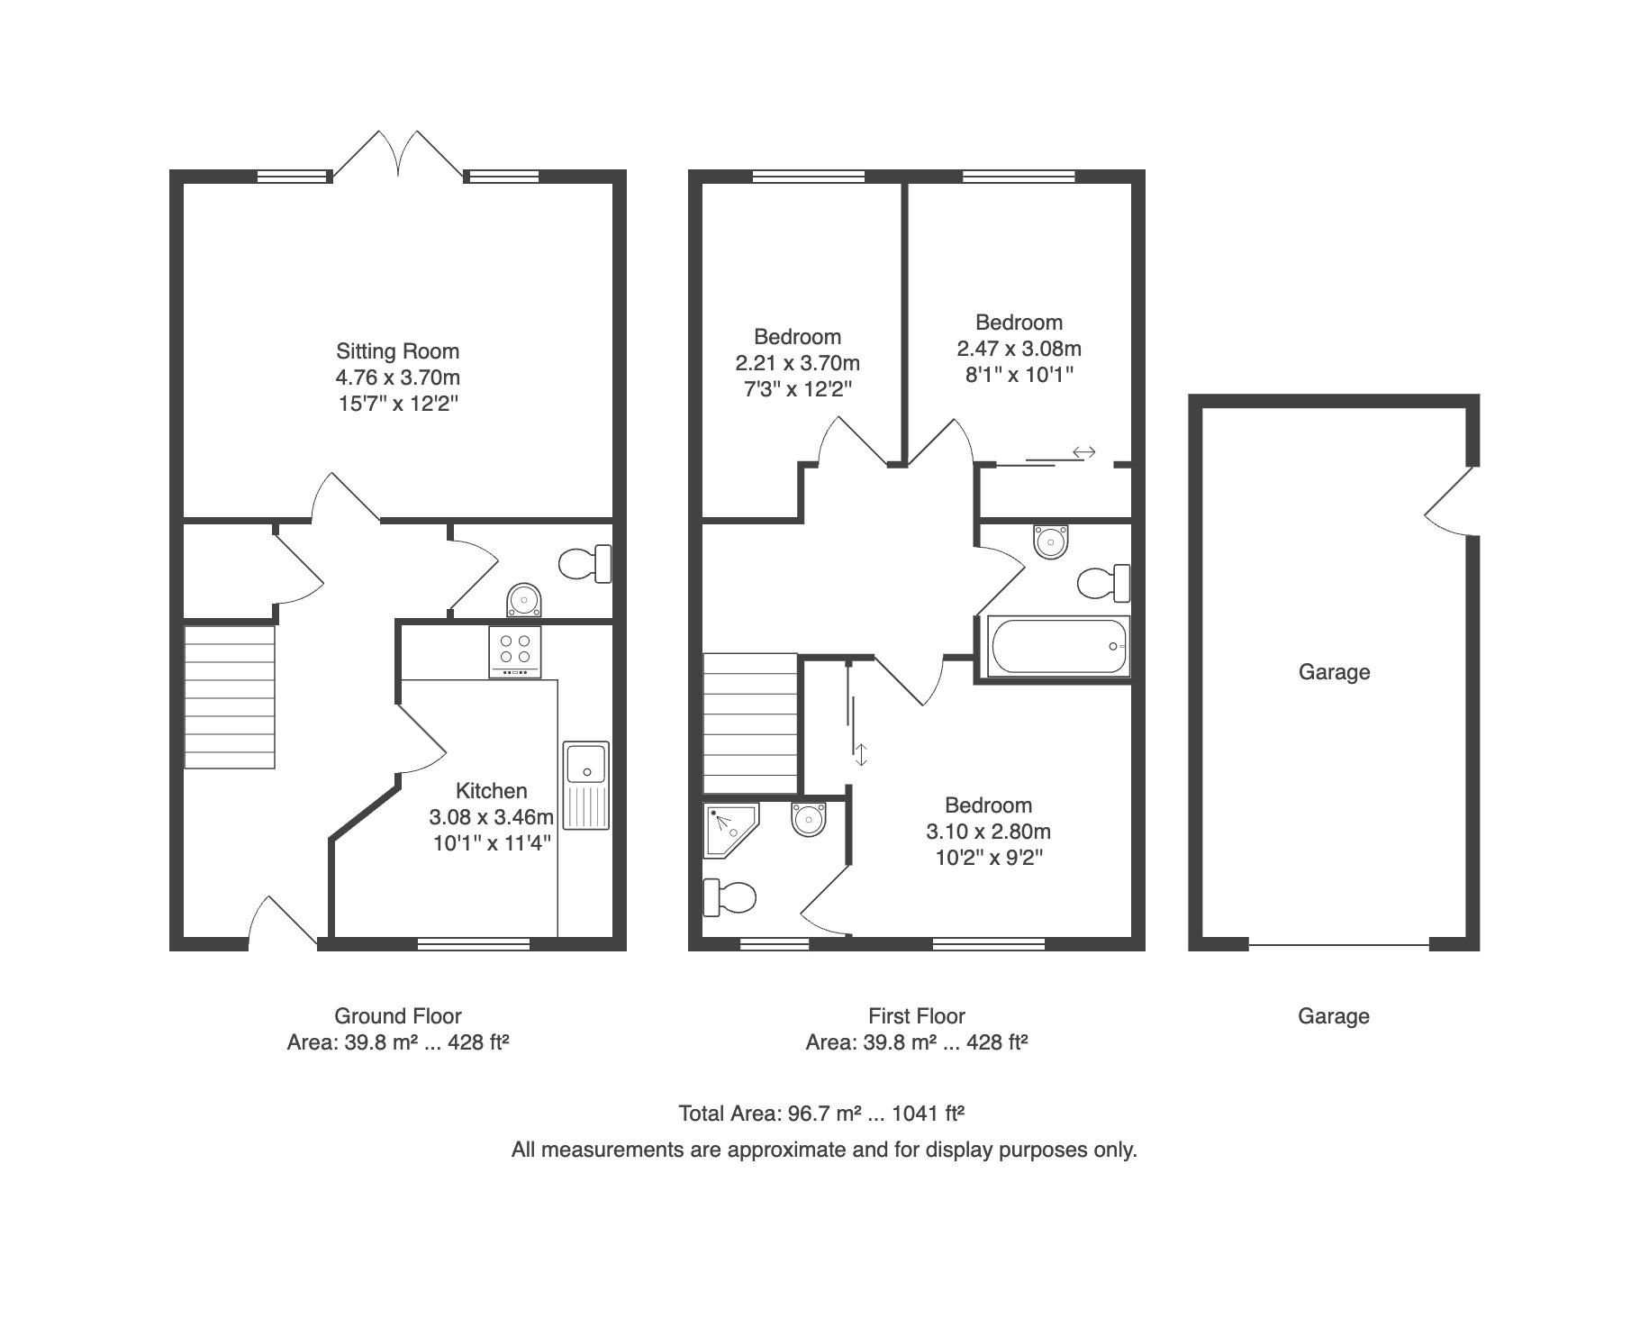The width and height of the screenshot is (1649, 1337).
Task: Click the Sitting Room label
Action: (397, 351)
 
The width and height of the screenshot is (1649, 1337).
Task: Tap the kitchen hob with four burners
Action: (515, 651)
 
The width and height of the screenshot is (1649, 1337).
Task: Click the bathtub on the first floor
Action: (1058, 646)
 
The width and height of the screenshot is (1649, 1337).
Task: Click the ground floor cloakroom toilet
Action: (585, 565)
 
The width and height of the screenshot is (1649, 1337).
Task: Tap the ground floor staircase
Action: (229, 697)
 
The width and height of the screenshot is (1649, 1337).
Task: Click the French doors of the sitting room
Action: (397, 153)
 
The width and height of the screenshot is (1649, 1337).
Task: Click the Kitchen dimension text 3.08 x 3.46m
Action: (491, 817)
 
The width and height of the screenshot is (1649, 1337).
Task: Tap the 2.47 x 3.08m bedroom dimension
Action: (1019, 349)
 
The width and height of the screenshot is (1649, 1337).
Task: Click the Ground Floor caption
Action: (398, 1016)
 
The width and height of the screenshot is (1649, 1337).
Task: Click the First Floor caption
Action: (917, 1016)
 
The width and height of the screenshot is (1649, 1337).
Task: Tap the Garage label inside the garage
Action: (1334, 672)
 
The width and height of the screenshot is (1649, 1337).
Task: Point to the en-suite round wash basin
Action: (809, 819)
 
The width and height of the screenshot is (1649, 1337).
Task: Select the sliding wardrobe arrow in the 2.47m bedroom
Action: (1083, 452)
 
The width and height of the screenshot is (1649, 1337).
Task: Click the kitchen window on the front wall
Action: (474, 944)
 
